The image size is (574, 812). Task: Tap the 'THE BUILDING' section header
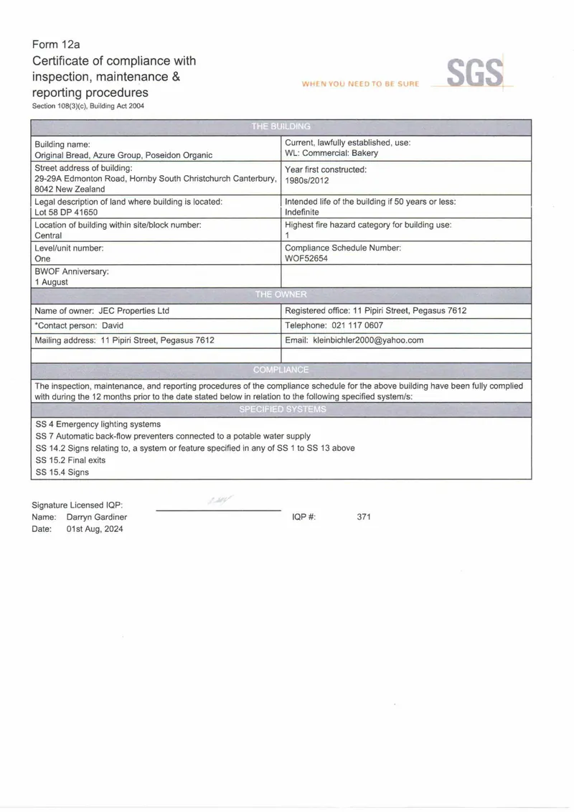[281, 126]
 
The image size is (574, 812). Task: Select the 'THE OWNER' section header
[281, 294]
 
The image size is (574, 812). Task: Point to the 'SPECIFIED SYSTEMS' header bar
[282, 409]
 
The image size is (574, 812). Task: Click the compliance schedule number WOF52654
[306, 258]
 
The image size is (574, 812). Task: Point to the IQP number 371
[363, 517]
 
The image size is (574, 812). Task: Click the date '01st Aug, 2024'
[95, 529]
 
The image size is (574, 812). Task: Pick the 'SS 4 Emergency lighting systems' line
[98, 424]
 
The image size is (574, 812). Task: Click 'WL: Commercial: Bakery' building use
[331, 153]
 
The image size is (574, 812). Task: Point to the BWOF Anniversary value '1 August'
[52, 282]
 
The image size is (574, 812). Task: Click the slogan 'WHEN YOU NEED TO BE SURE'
[360, 84]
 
